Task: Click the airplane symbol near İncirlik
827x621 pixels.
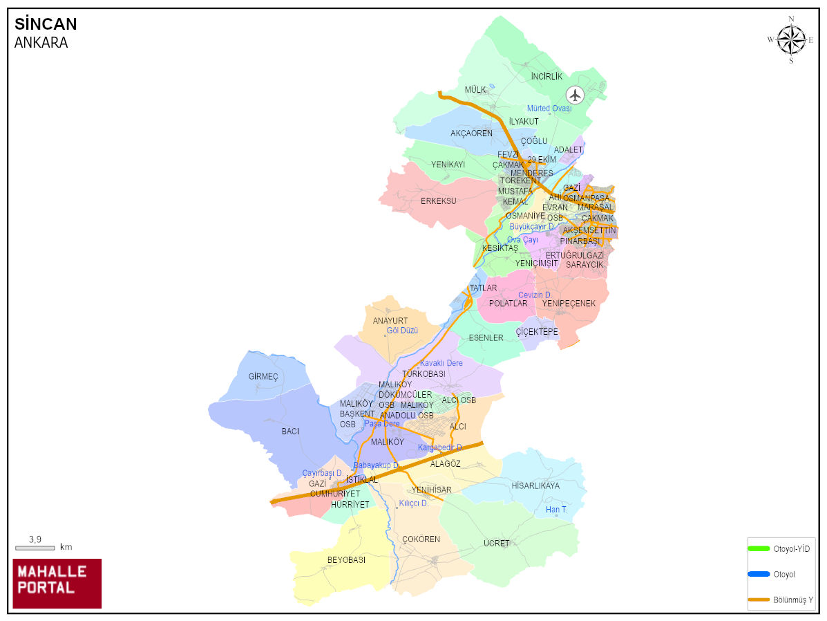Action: (x=575, y=95)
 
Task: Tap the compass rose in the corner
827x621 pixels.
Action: (x=790, y=39)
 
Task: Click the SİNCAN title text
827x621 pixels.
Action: (x=46, y=24)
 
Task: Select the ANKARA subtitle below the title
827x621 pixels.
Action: (x=41, y=42)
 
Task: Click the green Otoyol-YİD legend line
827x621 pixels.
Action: (x=759, y=548)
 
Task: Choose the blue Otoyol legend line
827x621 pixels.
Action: (x=759, y=574)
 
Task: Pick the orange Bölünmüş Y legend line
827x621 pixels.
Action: (x=759, y=599)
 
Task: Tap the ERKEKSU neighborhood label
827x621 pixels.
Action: (x=438, y=201)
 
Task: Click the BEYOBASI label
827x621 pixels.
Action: (x=346, y=559)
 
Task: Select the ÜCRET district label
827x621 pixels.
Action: (x=496, y=544)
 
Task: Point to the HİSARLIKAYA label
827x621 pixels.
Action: (x=535, y=485)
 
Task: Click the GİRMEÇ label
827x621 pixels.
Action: (x=263, y=376)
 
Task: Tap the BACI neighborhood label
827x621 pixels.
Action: (x=290, y=431)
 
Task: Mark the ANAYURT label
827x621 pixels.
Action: (x=390, y=321)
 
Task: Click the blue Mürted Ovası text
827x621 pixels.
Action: (x=549, y=109)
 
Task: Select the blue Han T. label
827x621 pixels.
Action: (x=556, y=510)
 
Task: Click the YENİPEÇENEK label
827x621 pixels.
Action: (x=569, y=303)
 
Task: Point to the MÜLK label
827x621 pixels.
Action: (x=475, y=90)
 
